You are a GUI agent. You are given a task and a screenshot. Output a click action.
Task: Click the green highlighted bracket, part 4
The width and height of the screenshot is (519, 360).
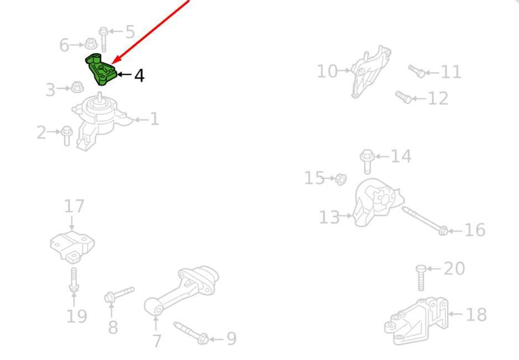101,70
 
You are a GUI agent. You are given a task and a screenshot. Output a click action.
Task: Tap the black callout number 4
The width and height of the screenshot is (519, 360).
140,76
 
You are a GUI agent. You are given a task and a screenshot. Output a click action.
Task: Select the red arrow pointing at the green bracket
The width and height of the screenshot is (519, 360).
151,32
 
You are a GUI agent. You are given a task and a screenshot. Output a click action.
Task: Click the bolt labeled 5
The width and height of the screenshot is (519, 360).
103,39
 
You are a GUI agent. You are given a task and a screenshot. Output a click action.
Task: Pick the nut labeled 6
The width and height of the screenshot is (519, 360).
90,44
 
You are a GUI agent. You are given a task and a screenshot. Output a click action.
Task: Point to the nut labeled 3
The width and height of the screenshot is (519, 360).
77,88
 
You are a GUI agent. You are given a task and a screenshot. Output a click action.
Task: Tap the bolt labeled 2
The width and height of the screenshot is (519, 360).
66,135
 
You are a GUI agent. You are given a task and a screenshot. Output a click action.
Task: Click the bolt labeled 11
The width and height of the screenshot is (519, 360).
417,71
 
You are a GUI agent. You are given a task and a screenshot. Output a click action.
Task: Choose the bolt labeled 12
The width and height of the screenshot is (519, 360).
403,97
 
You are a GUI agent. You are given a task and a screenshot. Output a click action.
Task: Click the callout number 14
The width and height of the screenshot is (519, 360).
401,156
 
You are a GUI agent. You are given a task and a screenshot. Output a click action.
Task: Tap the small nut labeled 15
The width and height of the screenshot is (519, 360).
341,179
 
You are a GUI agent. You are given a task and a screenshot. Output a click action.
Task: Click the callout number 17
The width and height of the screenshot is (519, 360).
74,206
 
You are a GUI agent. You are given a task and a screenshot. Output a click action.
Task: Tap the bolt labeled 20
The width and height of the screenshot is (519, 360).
421,278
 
